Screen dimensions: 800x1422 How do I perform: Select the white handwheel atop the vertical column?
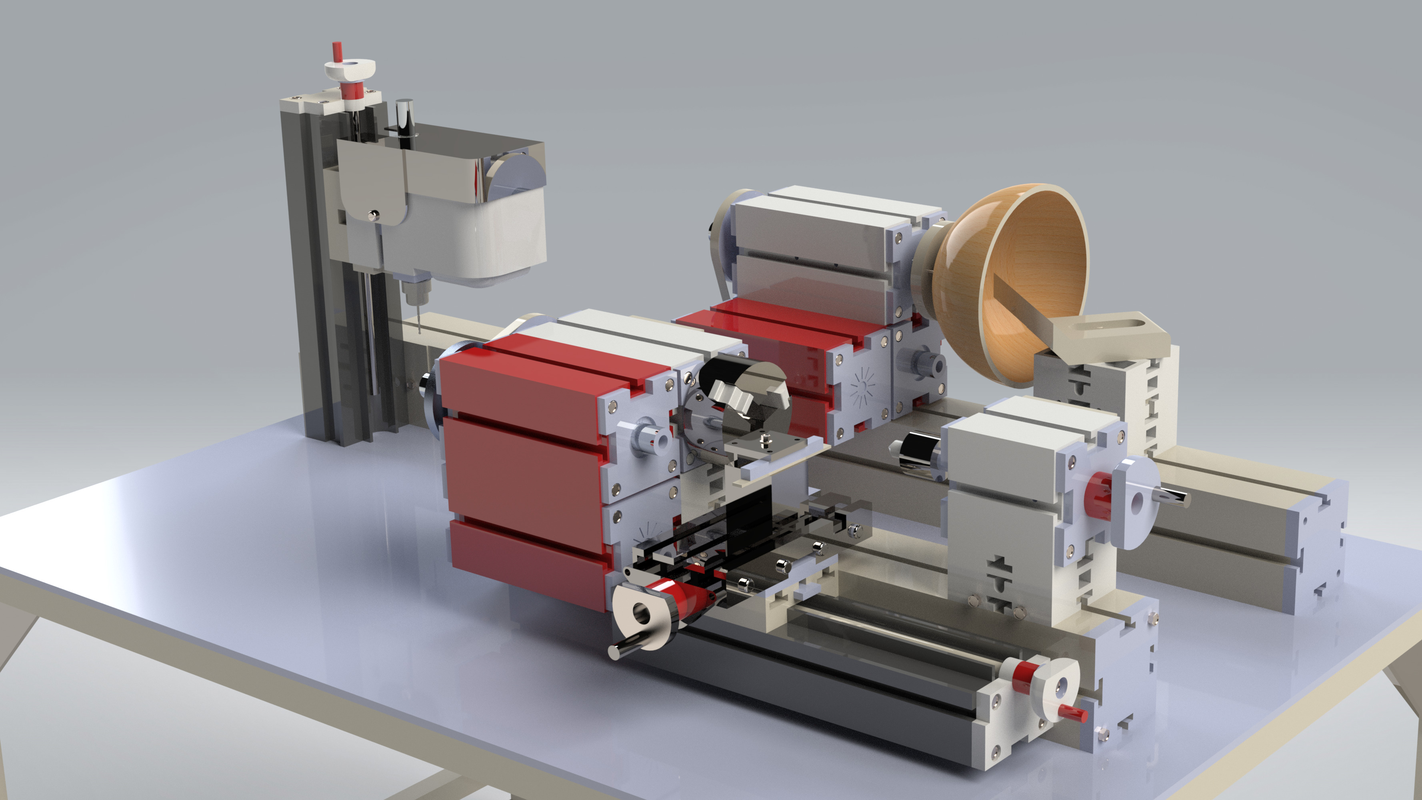pyautogui.click(x=350, y=70)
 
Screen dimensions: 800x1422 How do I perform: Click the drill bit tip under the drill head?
pyautogui.click(x=419, y=328)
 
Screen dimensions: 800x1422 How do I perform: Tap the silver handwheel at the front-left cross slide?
pyautogui.click(x=643, y=616)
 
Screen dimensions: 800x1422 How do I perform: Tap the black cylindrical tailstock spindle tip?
pyautogui.click(x=914, y=453)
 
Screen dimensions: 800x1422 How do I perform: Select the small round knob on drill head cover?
pyautogui.click(x=373, y=215)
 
